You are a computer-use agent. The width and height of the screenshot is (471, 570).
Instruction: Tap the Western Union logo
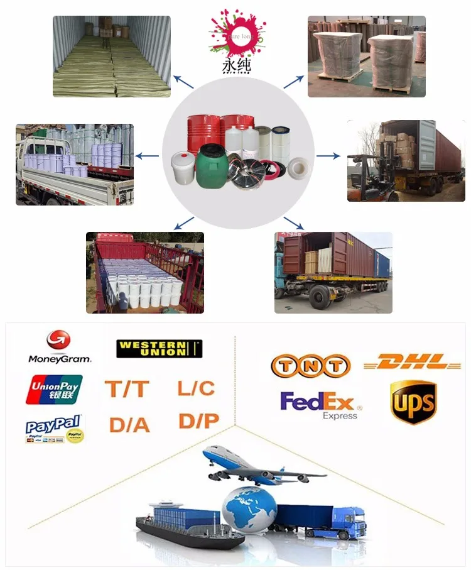[160, 349]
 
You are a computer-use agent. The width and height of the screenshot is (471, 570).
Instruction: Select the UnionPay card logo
[54, 390]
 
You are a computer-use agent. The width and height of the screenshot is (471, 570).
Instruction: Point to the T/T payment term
[128, 389]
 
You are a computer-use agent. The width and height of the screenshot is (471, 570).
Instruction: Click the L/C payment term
[196, 388]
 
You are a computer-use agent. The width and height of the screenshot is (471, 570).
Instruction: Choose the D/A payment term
[129, 425]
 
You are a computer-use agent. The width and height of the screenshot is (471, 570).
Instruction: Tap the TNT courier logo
[310, 366]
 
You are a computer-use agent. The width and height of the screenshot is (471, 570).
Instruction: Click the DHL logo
[413, 362]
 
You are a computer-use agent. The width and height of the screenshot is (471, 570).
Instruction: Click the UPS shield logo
[413, 403]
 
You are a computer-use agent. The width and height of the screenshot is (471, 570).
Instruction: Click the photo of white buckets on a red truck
[145, 273]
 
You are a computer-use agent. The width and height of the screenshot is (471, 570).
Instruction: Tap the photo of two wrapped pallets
[366, 56]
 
